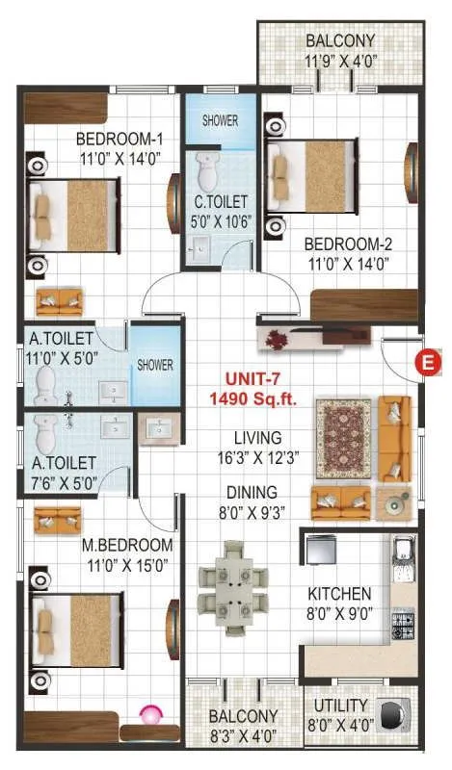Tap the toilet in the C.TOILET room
click(x=205, y=173)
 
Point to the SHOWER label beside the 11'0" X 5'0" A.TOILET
click(x=155, y=365)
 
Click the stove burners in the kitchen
click(x=403, y=620)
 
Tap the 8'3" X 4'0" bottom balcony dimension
click(x=243, y=735)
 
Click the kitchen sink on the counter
click(x=404, y=559)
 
